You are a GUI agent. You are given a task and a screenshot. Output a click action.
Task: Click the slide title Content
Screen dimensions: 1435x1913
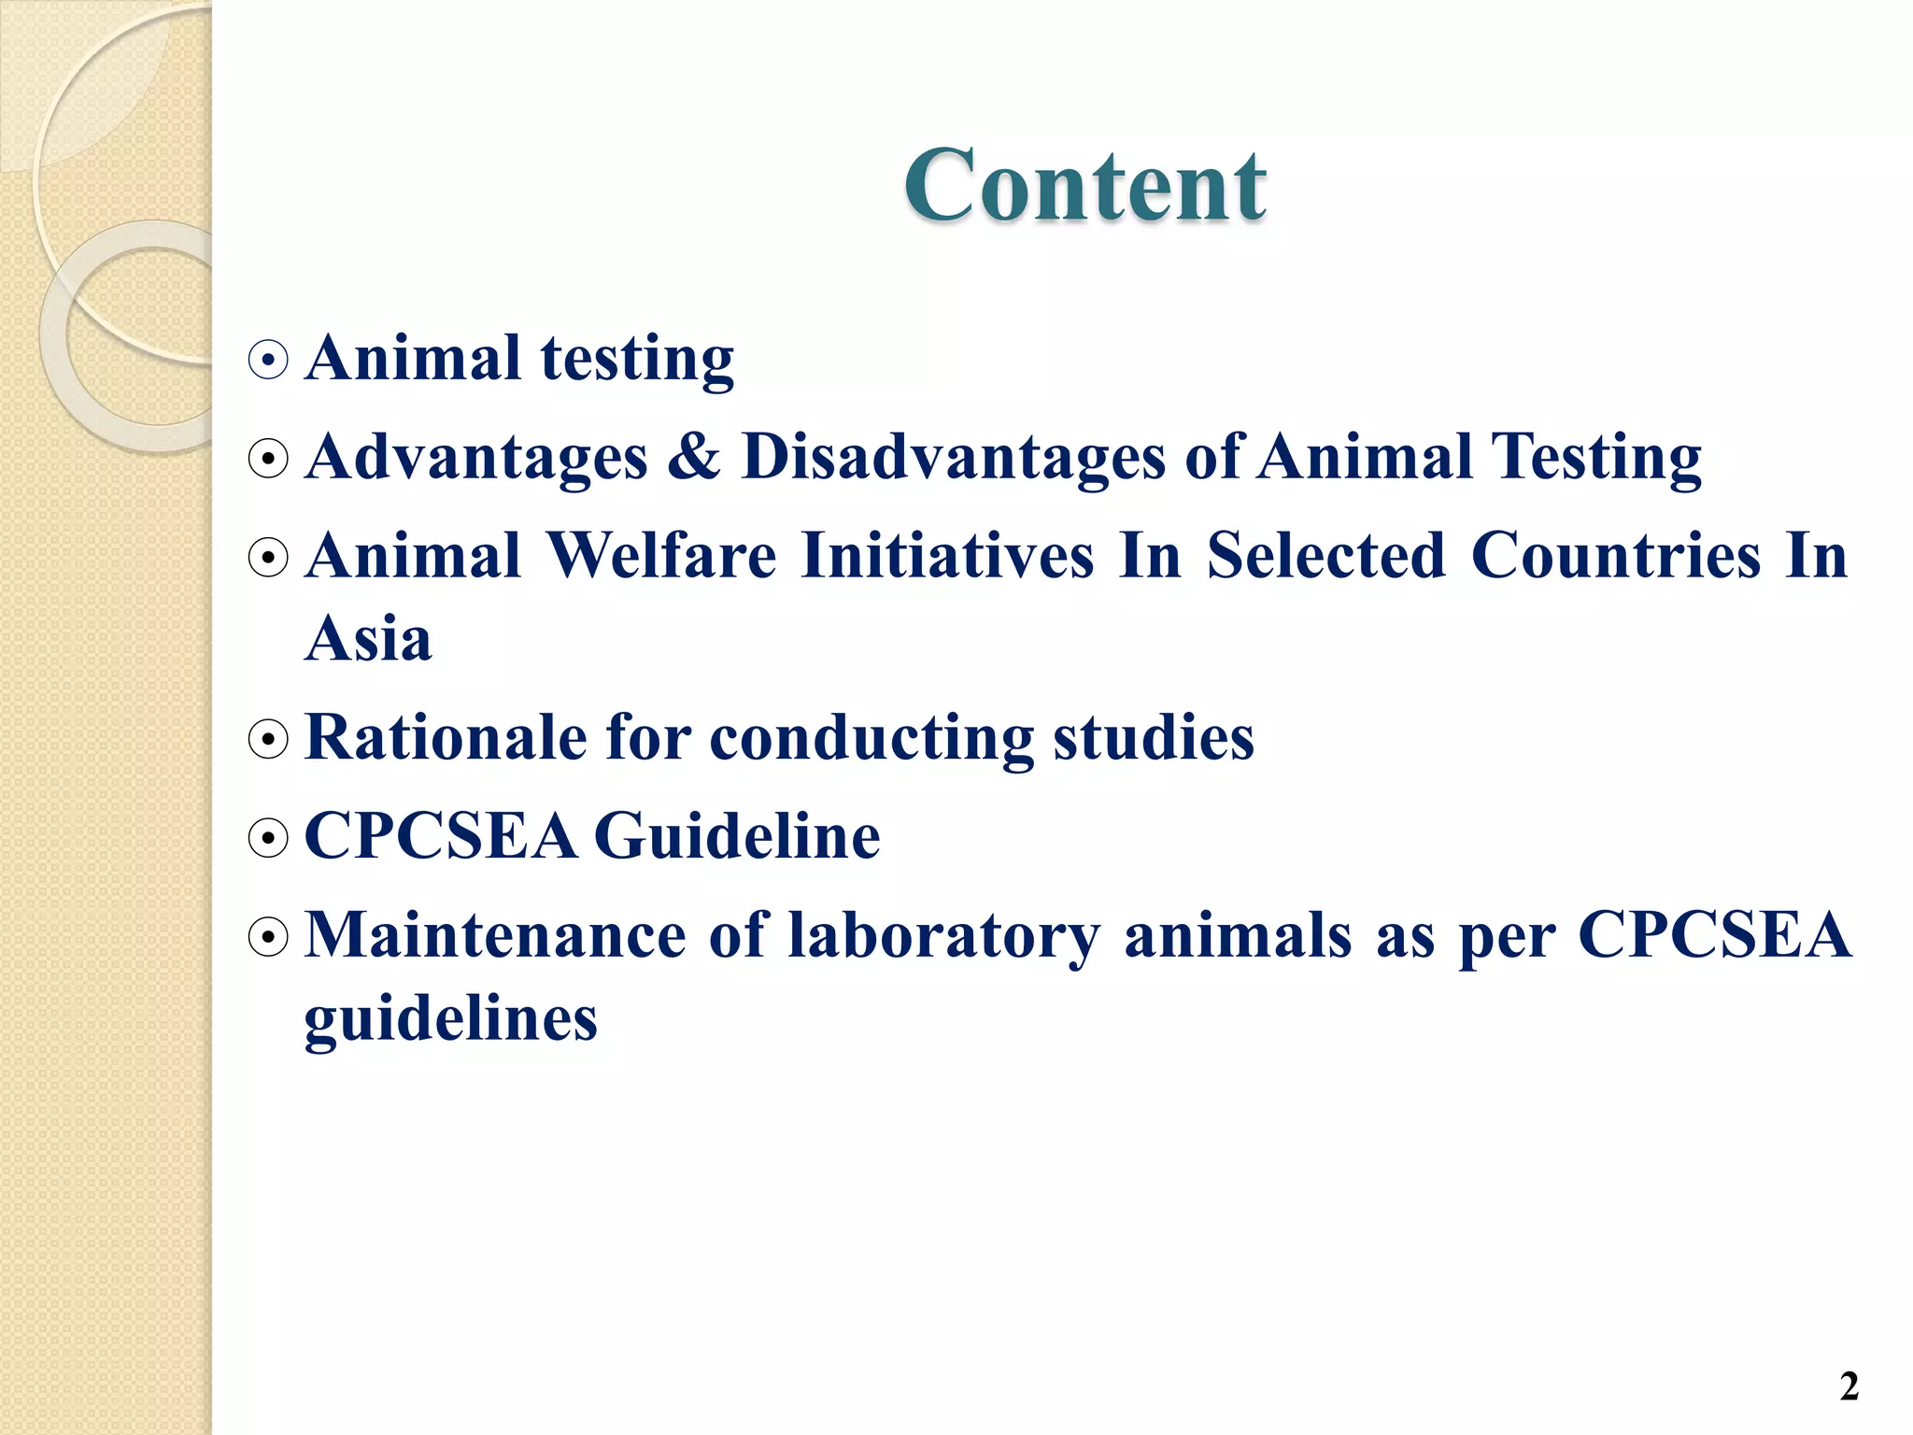(x=1084, y=186)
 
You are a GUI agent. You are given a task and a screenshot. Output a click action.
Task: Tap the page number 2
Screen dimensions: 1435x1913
(x=1849, y=1386)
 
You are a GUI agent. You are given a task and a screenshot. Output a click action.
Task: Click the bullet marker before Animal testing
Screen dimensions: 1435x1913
(x=268, y=360)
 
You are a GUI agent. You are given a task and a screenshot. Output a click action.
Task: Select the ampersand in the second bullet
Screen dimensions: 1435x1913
(x=694, y=457)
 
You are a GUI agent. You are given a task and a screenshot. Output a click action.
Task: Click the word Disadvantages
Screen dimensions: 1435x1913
(x=954, y=457)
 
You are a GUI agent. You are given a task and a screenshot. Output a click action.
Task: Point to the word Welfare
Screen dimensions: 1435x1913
(x=661, y=556)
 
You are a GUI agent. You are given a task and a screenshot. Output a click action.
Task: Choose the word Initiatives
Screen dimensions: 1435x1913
(x=947, y=556)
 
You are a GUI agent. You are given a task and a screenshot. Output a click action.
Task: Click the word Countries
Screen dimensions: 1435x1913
(x=1616, y=556)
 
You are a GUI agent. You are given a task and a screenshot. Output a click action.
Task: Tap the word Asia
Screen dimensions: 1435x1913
(x=368, y=639)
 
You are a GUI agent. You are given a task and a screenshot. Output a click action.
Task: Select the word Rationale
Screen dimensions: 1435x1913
(x=445, y=738)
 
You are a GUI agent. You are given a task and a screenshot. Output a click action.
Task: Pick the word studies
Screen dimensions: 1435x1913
(x=1154, y=738)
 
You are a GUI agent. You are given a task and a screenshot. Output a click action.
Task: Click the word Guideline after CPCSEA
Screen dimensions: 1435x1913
(x=737, y=836)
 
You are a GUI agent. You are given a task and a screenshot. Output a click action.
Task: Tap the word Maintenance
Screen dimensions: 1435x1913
(x=495, y=935)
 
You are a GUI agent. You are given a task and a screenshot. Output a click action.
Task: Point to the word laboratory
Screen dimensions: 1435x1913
(x=943, y=937)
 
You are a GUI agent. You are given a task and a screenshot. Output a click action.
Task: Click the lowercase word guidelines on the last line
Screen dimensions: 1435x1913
(x=450, y=1020)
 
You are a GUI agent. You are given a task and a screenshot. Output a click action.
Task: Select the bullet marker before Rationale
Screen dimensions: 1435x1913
(x=268, y=740)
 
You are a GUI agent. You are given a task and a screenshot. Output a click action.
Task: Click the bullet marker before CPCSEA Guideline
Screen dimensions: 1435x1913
(x=268, y=838)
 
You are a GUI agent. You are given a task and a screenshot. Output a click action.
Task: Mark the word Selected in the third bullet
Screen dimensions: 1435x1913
(x=1326, y=556)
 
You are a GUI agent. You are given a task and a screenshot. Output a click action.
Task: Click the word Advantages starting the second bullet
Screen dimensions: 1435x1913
(x=476, y=457)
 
